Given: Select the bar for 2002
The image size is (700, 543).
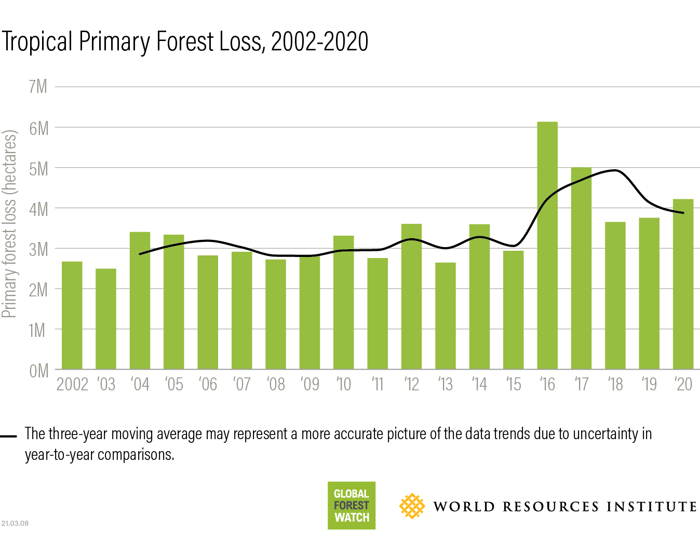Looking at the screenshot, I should click(x=72, y=315).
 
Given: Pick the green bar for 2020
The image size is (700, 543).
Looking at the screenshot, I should click(x=683, y=284).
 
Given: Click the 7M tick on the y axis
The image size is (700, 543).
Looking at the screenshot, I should click(x=38, y=87).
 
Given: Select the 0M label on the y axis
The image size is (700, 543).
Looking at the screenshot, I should click(x=38, y=371).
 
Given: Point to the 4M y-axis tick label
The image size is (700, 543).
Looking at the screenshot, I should click(x=38, y=209).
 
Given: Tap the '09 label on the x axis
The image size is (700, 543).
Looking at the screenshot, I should click(x=309, y=384).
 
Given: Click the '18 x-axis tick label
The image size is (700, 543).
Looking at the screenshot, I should click(x=615, y=384).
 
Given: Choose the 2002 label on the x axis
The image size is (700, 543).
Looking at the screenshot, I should click(x=73, y=384).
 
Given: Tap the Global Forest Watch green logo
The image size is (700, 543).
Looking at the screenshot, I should click(x=352, y=505).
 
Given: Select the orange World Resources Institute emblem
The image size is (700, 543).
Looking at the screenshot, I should click(x=412, y=506).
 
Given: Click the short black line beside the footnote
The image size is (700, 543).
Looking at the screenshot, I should click(x=9, y=436).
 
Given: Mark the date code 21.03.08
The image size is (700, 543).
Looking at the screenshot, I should click(x=15, y=523).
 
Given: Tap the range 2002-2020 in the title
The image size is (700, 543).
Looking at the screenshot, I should click(x=319, y=42).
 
